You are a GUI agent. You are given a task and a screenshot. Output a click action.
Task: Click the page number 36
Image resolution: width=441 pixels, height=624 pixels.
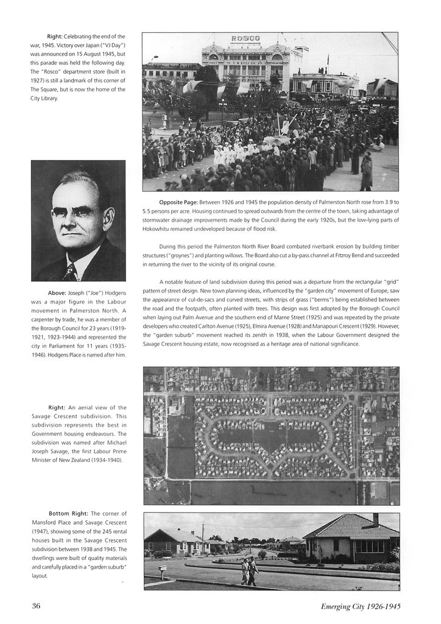pos(36,606)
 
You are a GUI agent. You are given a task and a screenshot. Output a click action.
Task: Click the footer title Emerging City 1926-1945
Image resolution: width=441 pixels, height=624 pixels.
pos(361,606)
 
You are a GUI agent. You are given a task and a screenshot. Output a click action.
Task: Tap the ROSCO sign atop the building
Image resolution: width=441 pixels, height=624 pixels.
pos(245,39)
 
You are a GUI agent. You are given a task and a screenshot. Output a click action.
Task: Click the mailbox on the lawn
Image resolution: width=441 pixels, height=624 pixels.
pos(162,569)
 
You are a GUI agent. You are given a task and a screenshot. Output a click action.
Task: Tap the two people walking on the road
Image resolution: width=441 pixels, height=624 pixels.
pos(249,571)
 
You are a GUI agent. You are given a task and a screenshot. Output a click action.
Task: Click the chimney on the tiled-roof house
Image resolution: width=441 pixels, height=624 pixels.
pos(375,519)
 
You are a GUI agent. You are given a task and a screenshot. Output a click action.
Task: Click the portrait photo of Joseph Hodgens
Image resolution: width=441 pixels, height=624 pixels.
pos(78,221)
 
